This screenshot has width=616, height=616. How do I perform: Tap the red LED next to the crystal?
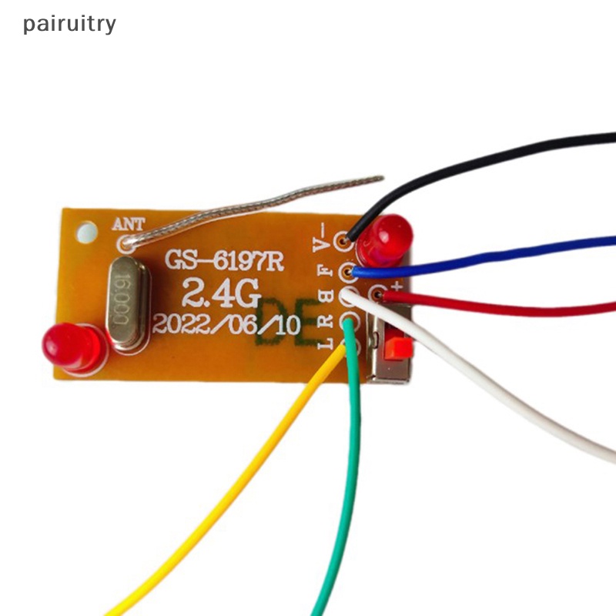73,346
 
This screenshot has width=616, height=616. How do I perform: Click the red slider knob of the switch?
394,347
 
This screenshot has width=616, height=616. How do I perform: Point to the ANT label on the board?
128,225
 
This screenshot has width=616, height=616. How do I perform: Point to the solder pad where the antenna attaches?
125,244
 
